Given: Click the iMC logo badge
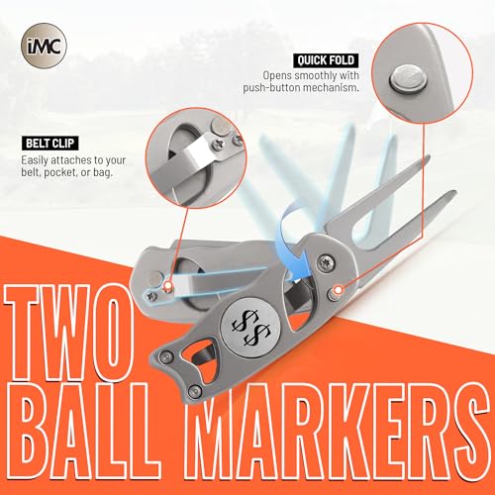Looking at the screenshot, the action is click(x=44, y=46).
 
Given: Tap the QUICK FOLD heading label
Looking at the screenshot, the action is click(x=326, y=60).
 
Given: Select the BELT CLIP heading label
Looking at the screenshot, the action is click(x=50, y=144).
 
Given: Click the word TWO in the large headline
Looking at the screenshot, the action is click(x=70, y=334).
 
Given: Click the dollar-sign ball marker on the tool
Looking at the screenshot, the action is click(x=250, y=328).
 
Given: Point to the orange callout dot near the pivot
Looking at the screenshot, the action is click(x=338, y=290).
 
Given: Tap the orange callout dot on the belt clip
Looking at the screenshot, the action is click(x=168, y=286).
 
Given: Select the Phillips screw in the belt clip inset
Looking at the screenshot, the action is click(x=218, y=144).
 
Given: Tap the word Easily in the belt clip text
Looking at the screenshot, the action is click(x=35, y=160).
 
